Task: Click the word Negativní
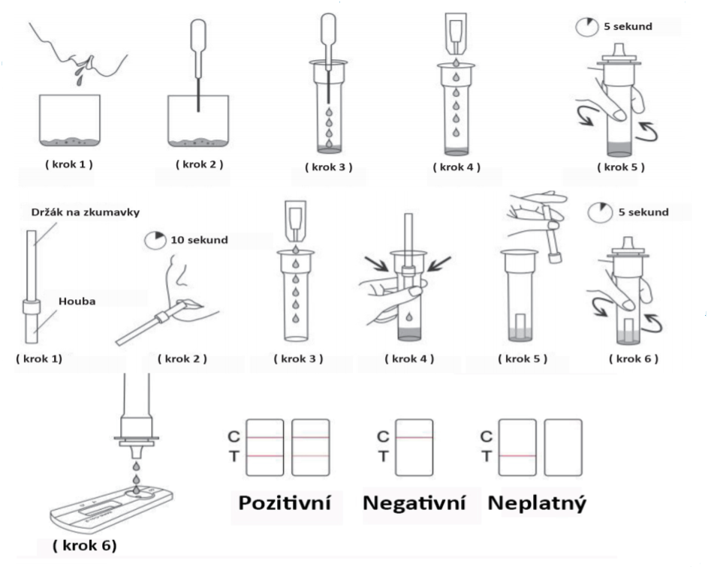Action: coord(413,504)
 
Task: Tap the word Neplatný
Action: coord(537,504)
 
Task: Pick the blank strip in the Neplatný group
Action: coord(562,448)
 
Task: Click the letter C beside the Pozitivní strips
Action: coord(233,436)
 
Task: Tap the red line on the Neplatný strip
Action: coord(517,456)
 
